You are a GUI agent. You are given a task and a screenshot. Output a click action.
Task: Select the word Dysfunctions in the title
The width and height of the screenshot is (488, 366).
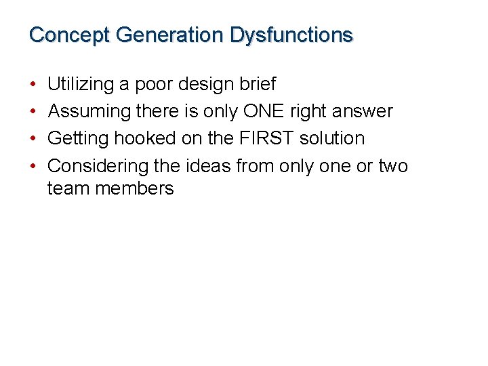tap(291, 35)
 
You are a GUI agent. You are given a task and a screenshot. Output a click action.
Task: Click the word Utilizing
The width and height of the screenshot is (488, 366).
tap(81, 85)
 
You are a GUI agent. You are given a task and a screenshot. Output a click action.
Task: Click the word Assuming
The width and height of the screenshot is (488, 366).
tap(89, 111)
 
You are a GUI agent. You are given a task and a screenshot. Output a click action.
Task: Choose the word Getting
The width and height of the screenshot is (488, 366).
tap(79, 138)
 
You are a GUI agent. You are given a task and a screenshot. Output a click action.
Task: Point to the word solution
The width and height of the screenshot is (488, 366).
tap(331, 138)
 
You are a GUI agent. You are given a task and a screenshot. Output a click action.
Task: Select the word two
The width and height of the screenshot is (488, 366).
tap(393, 165)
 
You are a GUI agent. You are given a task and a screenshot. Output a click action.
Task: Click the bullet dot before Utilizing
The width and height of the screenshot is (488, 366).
tap(34, 85)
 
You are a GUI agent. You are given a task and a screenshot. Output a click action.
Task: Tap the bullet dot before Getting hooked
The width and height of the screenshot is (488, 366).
tap(34, 139)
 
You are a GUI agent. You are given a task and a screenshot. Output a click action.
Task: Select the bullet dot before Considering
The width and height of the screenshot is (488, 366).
tap(34, 166)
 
